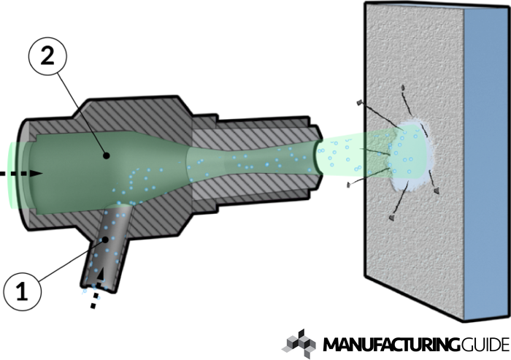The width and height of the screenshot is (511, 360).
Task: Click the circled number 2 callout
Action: pos(48,56)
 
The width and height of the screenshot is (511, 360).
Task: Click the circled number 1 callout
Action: pos(23,291)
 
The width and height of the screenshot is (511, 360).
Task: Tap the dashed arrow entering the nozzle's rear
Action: pos(21,174)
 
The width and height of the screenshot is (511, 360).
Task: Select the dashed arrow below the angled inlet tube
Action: pos(97,289)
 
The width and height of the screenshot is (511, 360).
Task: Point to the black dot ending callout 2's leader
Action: pos(106,156)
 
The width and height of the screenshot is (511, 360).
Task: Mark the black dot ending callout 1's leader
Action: pos(105,240)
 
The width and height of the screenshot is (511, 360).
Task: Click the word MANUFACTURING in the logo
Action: pos(390,345)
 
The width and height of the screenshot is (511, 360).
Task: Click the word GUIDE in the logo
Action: pos(483,345)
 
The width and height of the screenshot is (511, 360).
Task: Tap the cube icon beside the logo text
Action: pos(299,344)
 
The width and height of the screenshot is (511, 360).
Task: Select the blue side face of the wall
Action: pos(487,163)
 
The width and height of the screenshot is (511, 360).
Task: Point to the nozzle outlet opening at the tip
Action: pos(318,157)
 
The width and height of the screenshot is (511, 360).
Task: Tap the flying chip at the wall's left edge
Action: pos(360,103)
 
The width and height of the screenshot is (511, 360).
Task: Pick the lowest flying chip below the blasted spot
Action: pos(392,218)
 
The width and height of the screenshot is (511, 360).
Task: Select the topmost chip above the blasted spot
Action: pos(403,88)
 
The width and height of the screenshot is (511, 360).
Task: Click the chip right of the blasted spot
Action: pos(436,191)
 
